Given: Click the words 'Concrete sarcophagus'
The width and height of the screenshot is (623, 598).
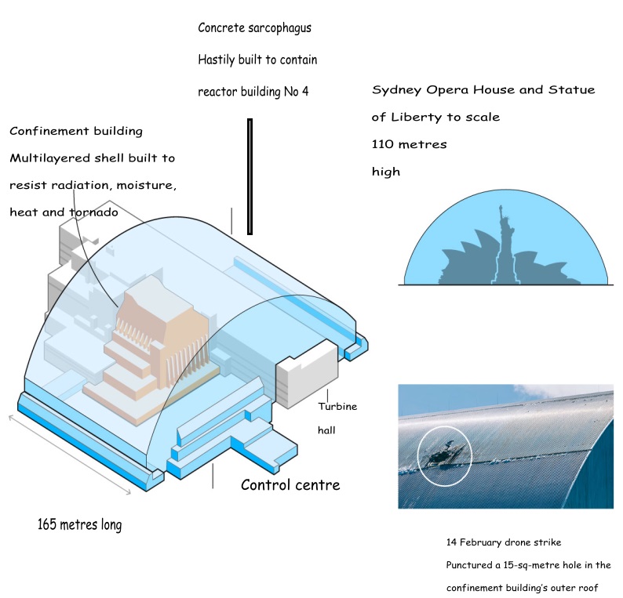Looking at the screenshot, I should point(254,28).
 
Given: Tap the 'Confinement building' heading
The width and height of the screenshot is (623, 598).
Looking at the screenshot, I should point(76,131).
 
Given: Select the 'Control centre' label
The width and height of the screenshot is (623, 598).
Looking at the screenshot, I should point(290,484).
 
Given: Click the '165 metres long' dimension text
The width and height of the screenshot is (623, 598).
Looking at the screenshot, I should point(79,524).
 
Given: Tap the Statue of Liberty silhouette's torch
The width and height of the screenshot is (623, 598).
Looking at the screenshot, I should point(499,208).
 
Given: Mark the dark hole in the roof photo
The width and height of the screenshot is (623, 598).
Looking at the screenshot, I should point(442,453).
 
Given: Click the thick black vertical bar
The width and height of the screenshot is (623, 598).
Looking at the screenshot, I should point(250,176).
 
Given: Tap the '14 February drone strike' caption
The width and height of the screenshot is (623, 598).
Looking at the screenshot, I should point(503,542).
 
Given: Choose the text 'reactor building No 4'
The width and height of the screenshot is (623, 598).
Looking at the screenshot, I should point(253,92).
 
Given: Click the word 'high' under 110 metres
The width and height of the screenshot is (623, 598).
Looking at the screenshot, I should point(386,171).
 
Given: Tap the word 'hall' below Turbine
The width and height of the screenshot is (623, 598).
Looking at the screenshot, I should point(326,430).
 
